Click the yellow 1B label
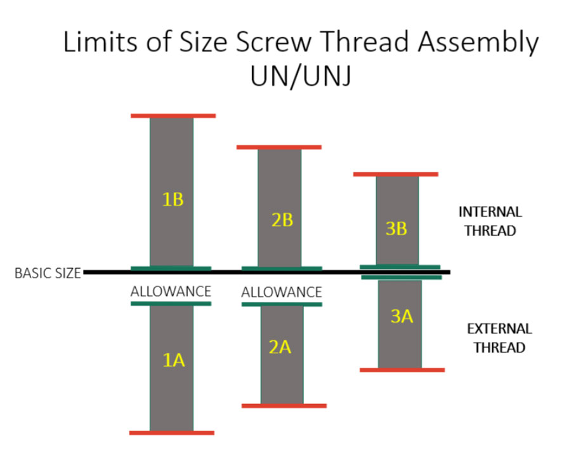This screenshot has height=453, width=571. click(173, 199)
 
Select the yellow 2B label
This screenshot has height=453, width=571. click(282, 220)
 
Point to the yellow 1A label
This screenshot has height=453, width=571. click(173, 361)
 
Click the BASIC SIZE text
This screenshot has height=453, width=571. click(48, 274)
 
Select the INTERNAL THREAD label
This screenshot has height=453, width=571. click(490, 220)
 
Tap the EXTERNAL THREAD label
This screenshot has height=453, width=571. click(499, 338)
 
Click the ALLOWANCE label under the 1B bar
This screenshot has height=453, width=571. click(171, 292)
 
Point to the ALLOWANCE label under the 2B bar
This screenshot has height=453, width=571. click(282, 292)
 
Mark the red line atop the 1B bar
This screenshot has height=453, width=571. click(173, 116)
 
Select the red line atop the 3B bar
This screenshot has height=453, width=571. click(396, 173)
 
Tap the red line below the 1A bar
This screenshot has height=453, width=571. click(171, 433)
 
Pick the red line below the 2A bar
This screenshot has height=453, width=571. click(284, 405)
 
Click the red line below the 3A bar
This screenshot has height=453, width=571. click(402, 369)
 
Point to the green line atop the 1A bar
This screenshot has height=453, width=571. click(171, 304)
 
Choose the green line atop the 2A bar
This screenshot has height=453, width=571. click(282, 304)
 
